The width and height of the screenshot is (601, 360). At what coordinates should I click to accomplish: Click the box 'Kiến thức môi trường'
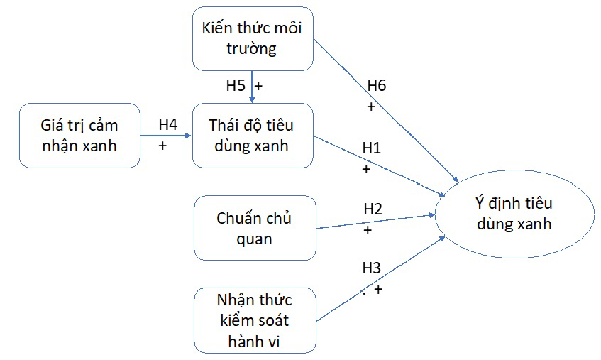(253, 40)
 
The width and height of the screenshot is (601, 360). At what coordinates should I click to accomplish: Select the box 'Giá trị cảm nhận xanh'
(79, 135)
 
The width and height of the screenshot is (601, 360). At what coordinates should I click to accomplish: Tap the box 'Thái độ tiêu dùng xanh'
(252, 135)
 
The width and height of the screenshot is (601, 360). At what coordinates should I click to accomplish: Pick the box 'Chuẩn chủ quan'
(254, 228)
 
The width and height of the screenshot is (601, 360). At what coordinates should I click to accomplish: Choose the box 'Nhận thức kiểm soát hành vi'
(254, 320)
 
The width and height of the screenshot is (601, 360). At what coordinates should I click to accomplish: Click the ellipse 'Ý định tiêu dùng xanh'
(514, 214)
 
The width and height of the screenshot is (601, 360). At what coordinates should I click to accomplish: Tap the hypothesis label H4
(167, 124)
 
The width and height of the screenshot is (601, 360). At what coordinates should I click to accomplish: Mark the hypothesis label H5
(236, 86)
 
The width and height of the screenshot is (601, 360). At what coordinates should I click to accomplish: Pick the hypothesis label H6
(377, 86)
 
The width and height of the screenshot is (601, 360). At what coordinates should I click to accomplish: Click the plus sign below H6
(370, 107)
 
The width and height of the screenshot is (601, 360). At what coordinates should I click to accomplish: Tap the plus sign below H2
(368, 230)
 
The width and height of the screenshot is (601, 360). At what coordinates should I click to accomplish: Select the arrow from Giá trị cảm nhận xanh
(165, 134)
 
